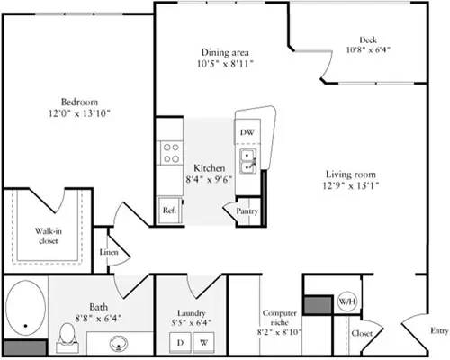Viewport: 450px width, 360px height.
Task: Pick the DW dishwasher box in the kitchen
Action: coord(247,132)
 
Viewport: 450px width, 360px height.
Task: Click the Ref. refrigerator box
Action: coord(168,211)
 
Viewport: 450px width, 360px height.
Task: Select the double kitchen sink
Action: coord(248,161)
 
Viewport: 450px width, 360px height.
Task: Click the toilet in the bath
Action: coord(64,336)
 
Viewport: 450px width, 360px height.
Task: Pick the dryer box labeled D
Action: coord(180,343)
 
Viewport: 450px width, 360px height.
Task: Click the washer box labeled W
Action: coord(203,343)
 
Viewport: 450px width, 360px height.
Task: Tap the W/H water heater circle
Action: coord(346,303)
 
